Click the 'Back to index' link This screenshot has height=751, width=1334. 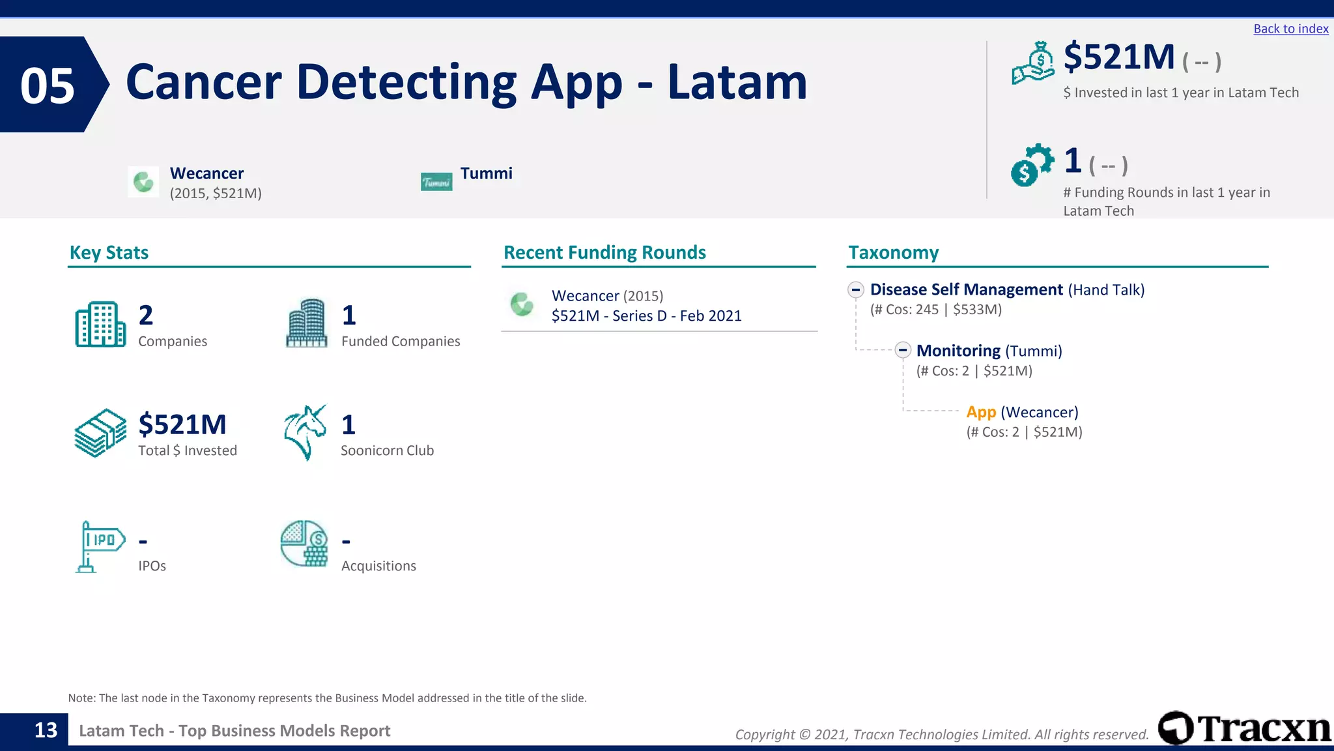coord(1290,29)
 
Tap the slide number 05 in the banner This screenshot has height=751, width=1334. coord(48,85)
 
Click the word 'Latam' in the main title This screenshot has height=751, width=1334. coord(737,82)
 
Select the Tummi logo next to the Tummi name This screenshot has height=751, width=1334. coord(436,182)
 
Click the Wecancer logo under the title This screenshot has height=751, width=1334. coord(143,182)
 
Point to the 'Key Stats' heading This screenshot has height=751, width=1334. coord(109,252)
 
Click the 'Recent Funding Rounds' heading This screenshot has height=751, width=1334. coord(604,252)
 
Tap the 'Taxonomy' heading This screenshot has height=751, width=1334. coord(893,252)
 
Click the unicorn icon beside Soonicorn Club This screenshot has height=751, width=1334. coord(305,432)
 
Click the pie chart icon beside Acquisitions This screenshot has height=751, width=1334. coord(304,543)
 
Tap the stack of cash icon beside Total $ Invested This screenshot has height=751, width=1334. coord(100,433)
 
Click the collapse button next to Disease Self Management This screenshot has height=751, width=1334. coord(856,289)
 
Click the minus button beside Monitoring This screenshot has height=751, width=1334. coord(902,350)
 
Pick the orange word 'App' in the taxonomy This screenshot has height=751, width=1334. coord(981,412)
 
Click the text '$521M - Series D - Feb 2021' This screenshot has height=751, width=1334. coord(646,316)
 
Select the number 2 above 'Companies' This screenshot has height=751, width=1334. coord(146,316)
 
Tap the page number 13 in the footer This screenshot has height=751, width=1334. coord(46,730)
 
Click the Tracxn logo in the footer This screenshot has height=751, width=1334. coord(1244,728)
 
